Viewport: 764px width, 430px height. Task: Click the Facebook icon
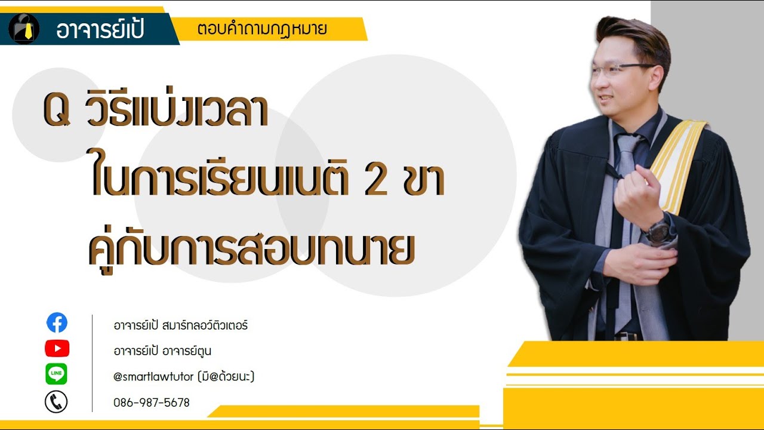coord(57,323)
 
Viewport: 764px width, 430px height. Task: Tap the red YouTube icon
coord(57,348)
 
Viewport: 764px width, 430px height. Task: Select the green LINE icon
coord(57,374)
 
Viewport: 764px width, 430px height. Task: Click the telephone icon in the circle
coord(56,402)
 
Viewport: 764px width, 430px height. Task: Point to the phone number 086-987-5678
coord(152,403)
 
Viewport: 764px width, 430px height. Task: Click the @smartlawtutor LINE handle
coord(184,377)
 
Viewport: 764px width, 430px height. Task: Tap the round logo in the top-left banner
coord(24,29)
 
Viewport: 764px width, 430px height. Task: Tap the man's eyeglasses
coord(624,70)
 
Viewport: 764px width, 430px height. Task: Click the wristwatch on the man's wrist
coord(660,230)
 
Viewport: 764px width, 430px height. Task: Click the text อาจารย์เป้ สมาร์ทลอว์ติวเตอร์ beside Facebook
coord(180,326)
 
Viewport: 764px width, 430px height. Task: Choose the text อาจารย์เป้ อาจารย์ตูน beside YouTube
coord(162,351)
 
